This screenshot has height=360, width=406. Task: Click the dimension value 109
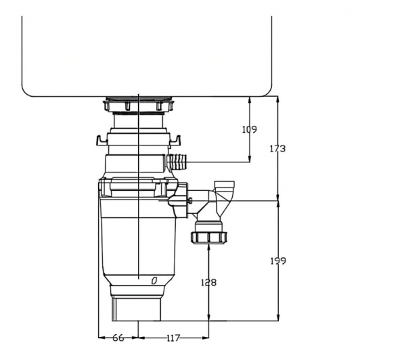pyautogui.click(x=249, y=129)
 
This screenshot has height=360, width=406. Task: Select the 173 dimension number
pyautogui.click(x=277, y=148)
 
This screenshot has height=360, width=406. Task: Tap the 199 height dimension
pyautogui.click(x=277, y=261)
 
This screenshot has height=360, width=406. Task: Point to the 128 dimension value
pyautogui.click(x=209, y=282)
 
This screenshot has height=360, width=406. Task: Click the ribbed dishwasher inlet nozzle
pyautogui.click(x=179, y=163)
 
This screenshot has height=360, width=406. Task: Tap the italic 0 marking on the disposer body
pyautogui.click(x=154, y=279)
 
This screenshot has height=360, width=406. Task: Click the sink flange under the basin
pyautogui.click(x=139, y=106)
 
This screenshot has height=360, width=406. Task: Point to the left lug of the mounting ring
pyautogui.click(x=101, y=141)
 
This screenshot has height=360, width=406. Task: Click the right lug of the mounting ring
pyautogui.click(x=178, y=141)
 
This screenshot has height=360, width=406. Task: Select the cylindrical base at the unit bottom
pyautogui.click(x=138, y=309)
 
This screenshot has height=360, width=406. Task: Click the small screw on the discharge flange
pyautogui.click(x=193, y=200)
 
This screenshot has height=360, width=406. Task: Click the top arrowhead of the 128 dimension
pyautogui.click(x=209, y=248)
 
